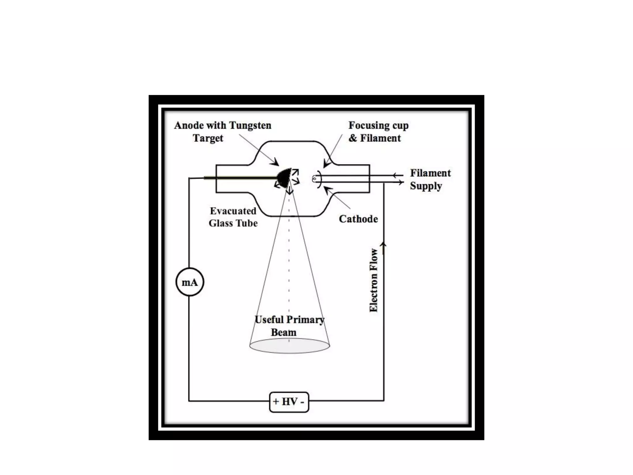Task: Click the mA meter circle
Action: [x=189, y=282]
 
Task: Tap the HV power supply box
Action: [x=289, y=402]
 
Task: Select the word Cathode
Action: [x=358, y=219]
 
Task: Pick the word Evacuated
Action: [x=233, y=211]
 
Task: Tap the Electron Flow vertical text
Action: [x=374, y=280]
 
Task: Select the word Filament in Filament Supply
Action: [x=430, y=173]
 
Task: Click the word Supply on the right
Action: [x=426, y=186]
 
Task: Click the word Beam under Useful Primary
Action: [x=283, y=332]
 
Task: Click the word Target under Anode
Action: [x=208, y=138]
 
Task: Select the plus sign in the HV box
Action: [x=276, y=402]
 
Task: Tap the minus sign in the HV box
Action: [x=302, y=402]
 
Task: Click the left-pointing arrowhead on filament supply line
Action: [x=395, y=176]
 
